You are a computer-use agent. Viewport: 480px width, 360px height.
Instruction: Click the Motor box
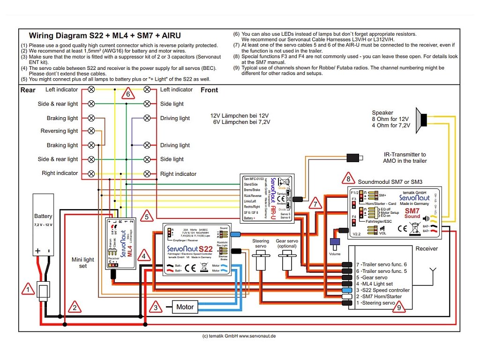coord(185,307)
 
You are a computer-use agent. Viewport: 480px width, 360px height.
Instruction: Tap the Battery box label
coord(43,216)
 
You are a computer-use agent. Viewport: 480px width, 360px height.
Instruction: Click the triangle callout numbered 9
coord(398,307)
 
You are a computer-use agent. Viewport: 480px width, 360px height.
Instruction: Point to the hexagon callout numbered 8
coord(348,179)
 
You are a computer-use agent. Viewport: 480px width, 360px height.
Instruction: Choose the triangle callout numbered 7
coord(316,204)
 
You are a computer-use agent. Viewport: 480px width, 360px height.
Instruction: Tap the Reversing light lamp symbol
coord(91,131)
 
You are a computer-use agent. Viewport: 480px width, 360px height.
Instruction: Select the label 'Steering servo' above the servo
coord(261,244)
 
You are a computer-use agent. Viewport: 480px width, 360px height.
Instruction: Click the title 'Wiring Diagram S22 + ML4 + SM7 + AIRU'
coord(105,35)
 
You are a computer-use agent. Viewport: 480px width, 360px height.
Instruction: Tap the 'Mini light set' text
coord(82,262)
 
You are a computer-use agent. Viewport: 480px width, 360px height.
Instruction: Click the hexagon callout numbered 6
coord(127,94)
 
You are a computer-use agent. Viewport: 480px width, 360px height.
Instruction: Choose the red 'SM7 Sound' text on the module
coord(412,214)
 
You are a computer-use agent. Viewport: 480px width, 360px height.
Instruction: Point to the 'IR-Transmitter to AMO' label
coord(404,157)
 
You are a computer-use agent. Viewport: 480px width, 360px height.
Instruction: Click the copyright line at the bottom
coord(239,336)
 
